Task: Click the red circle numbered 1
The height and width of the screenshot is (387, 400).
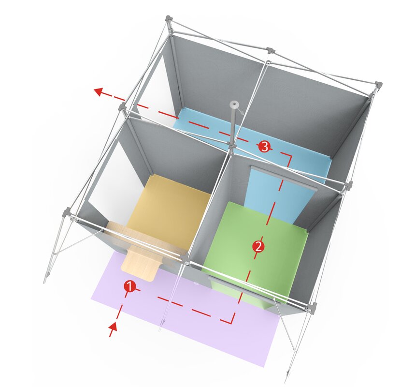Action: coord(129,286)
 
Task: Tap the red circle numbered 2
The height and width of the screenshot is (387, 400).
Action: coord(258,246)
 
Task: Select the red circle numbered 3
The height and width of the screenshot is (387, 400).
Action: coord(264,147)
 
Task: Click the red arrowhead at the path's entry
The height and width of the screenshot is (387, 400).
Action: coord(113,329)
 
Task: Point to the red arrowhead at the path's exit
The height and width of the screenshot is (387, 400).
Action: coord(98,90)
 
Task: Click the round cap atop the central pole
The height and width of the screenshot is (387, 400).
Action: coord(235,104)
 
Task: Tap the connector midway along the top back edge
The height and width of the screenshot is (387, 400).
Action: coord(270,50)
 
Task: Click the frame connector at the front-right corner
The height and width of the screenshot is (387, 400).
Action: coord(313,306)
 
